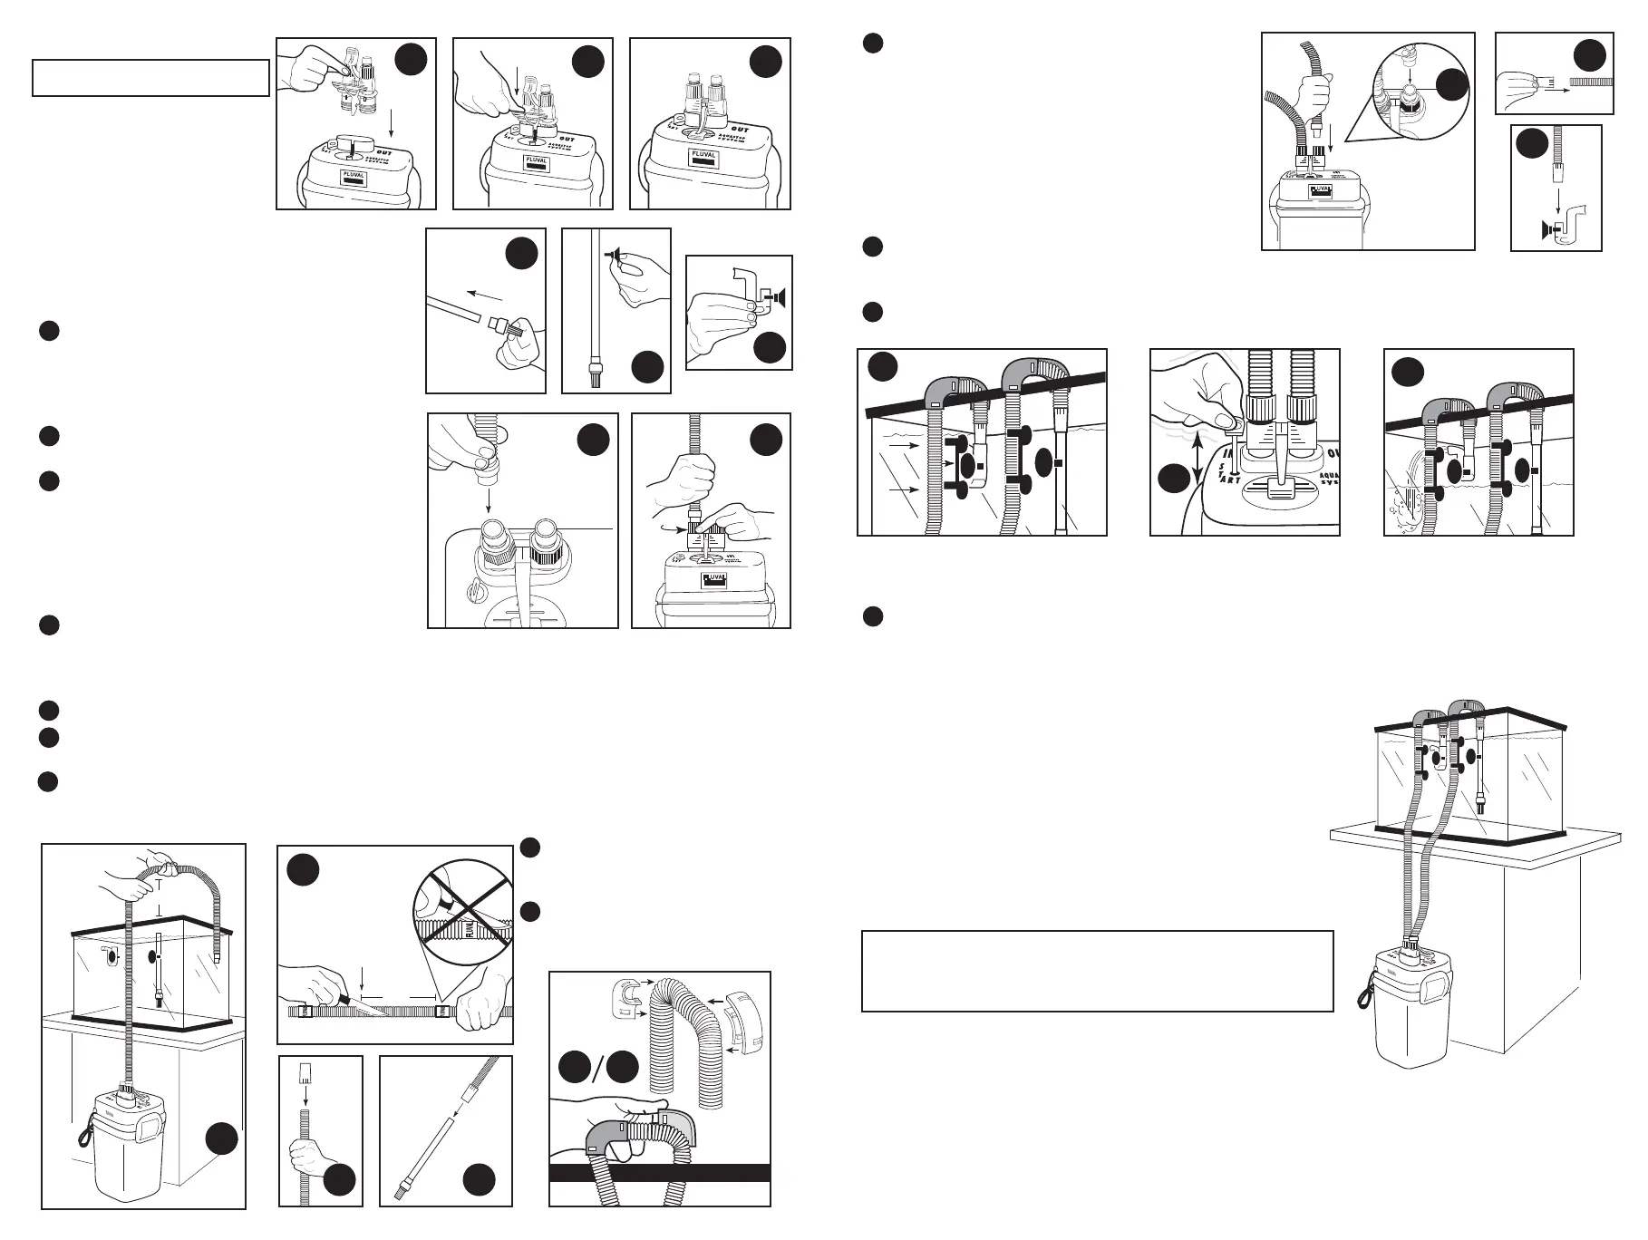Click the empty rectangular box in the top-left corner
click(150, 78)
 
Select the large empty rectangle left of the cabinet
click(1097, 970)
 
